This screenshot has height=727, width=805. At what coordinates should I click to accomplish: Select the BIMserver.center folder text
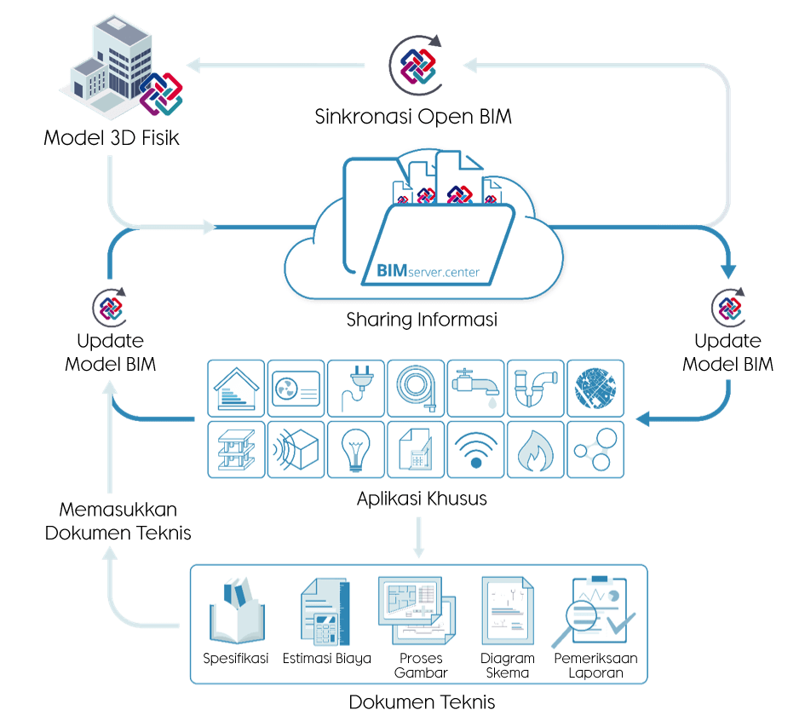(x=428, y=272)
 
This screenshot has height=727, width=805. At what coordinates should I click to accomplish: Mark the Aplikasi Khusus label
(x=422, y=499)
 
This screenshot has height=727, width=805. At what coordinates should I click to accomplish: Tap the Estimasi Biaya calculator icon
(x=325, y=614)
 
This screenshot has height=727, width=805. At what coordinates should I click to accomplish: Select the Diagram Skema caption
(x=507, y=665)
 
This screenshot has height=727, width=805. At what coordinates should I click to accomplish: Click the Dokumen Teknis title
(x=422, y=703)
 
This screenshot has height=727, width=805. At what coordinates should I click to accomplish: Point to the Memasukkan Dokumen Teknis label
(x=118, y=522)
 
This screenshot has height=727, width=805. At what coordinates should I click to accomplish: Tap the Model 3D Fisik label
(x=112, y=136)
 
